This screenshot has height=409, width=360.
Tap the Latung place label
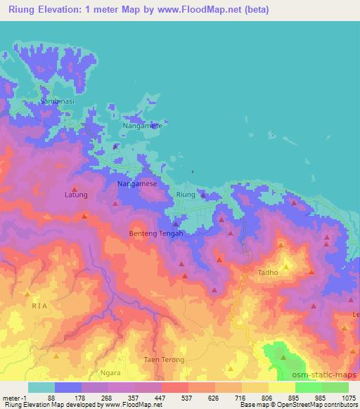click(76, 195)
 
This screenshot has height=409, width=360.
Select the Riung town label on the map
click(186, 195)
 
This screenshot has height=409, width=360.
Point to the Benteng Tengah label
click(156, 233)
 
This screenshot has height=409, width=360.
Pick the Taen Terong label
click(164, 360)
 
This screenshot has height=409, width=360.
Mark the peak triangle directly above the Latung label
click(74, 187)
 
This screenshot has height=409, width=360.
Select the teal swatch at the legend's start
click(41, 387)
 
